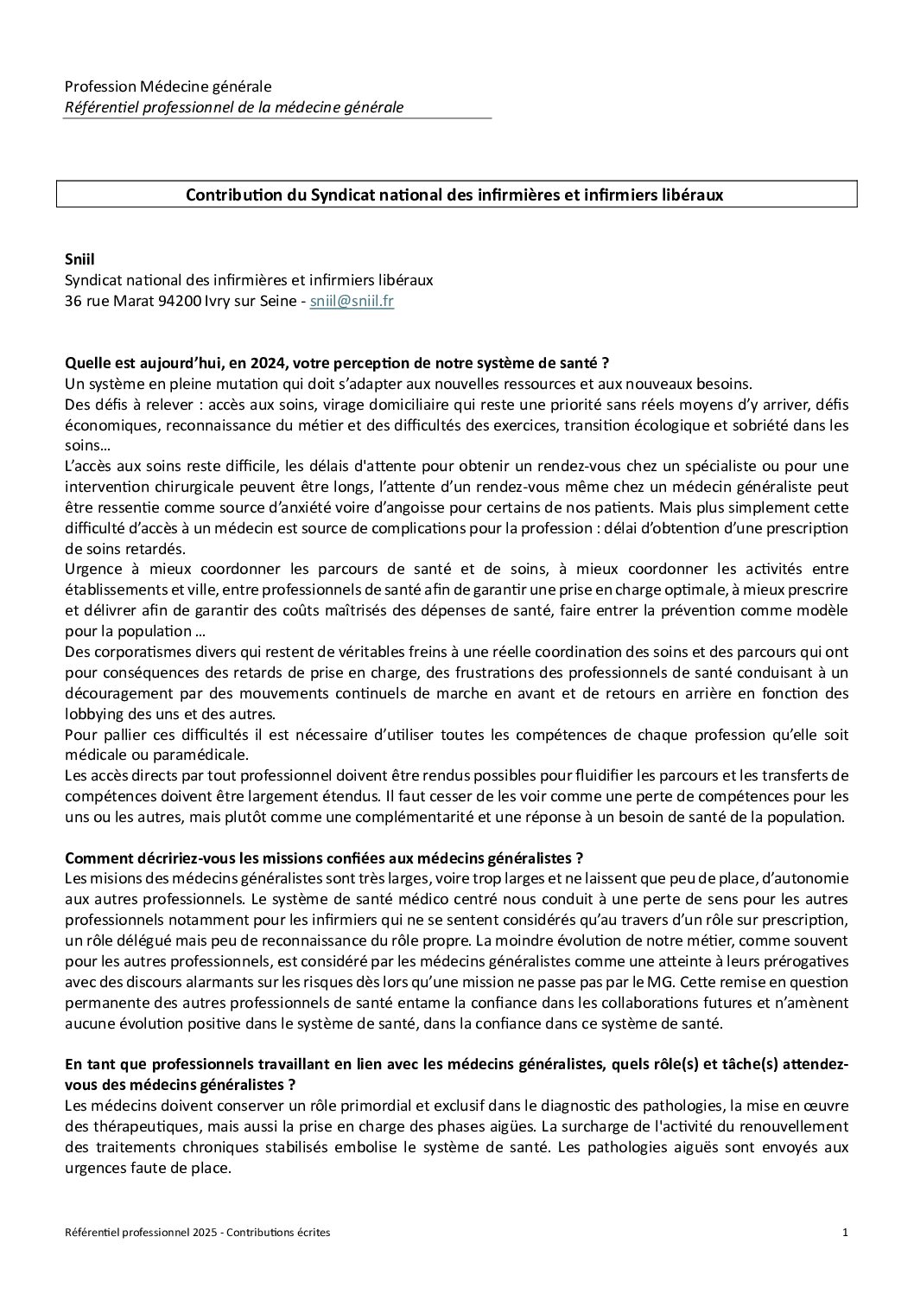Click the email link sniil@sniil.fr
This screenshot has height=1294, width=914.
click(352, 302)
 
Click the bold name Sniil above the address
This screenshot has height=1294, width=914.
click(79, 258)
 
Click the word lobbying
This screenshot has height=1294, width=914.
click(91, 714)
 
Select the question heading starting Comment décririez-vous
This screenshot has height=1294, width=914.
click(324, 858)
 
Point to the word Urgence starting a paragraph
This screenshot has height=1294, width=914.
click(92, 569)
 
